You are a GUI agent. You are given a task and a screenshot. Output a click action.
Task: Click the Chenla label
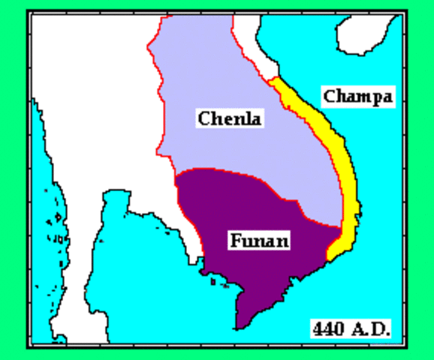230,118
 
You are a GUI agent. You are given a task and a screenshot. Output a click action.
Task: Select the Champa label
357,96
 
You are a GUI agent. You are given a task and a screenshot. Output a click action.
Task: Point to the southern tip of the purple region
237,327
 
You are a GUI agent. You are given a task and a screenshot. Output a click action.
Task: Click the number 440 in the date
328,328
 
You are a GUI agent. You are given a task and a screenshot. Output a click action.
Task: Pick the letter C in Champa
329,96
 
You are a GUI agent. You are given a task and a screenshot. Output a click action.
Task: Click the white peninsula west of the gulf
90,247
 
